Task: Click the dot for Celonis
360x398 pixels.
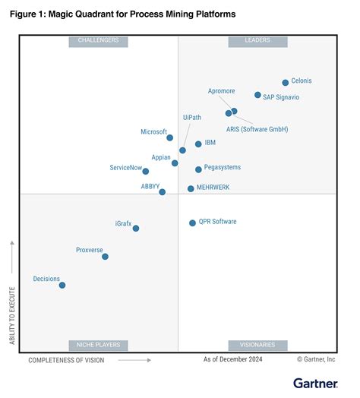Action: (x=286, y=83)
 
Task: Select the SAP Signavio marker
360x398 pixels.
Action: (x=257, y=96)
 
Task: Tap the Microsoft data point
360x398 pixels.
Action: (x=170, y=137)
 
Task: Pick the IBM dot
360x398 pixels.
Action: (x=198, y=144)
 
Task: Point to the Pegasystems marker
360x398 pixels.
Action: (x=198, y=169)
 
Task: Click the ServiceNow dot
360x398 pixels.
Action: (x=146, y=172)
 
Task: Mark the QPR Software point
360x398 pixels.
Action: (x=192, y=223)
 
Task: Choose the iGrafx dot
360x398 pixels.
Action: (x=136, y=228)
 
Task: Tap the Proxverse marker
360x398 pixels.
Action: (x=105, y=257)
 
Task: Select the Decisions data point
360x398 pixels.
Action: (x=62, y=286)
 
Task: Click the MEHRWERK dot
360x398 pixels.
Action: (x=191, y=188)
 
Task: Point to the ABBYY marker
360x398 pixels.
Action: (x=163, y=192)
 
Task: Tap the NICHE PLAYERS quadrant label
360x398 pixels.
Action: (x=98, y=345)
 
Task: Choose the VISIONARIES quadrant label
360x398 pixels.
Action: (x=257, y=345)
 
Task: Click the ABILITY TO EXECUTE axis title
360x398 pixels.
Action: (x=12, y=314)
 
